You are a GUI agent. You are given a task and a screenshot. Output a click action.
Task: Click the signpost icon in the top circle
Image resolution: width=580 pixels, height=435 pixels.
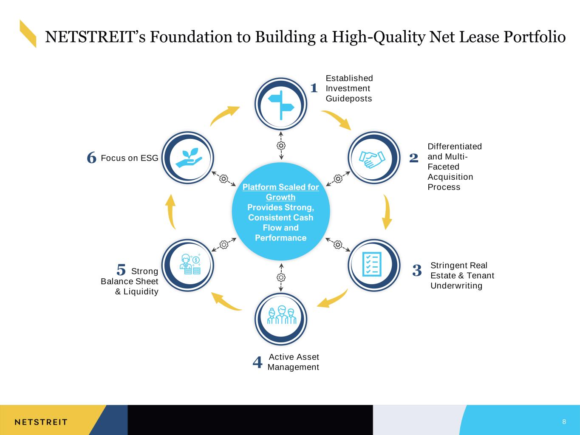coord(281,105)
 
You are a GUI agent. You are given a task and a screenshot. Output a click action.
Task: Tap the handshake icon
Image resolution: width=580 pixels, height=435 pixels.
coord(372,159)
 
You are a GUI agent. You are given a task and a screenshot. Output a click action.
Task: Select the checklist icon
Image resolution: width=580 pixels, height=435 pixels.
coord(372,264)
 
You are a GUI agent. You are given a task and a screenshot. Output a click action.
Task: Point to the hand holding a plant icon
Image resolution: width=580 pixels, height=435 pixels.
coord(189,158)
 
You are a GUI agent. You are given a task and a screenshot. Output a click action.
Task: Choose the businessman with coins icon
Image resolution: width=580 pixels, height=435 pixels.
coord(190,264)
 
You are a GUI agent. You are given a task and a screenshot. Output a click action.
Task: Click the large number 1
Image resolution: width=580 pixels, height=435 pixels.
coord(314,88)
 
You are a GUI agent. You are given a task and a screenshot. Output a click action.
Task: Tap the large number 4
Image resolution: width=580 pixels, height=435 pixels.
coord(257,362)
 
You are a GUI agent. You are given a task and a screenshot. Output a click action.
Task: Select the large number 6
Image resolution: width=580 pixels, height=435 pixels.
coord(91,158)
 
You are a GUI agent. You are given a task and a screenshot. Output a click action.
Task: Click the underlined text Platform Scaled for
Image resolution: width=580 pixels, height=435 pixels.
coord(280,187)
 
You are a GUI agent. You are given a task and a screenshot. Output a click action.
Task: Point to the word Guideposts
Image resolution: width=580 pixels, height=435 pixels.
coord(348,99)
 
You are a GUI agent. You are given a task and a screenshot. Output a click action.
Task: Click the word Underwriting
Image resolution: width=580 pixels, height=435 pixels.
coord(456,286)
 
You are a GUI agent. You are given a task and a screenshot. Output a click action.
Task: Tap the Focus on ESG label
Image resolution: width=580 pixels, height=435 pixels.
coord(130,158)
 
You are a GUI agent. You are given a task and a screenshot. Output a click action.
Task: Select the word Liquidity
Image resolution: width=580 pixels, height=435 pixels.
coord(141,291)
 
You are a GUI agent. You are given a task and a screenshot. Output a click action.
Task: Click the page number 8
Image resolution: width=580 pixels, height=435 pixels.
coord(564,421)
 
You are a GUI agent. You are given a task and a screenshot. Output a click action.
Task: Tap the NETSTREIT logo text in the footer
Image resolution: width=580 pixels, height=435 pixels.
coord(41,422)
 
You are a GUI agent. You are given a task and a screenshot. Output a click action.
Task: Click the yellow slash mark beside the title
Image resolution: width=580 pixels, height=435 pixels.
coord(28,34)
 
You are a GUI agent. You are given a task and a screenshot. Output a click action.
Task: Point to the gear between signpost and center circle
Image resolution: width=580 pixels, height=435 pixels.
coord(281,146)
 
